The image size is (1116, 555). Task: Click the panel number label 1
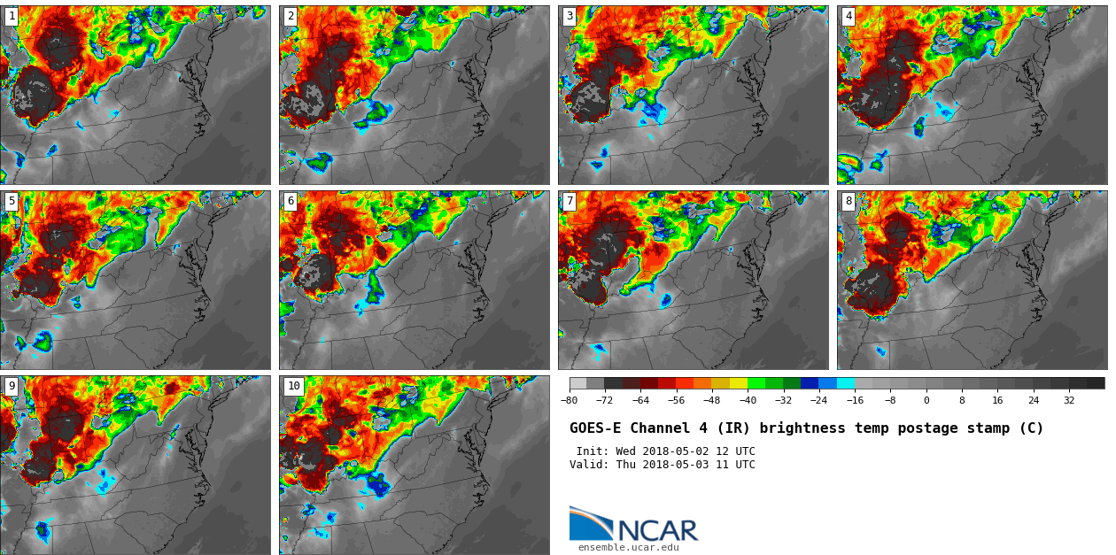pos(12,16)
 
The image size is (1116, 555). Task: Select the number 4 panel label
pos(849,16)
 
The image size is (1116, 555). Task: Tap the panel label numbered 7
pos(570,202)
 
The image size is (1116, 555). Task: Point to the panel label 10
pos(293,386)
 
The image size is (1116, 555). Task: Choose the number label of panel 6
pos(291,202)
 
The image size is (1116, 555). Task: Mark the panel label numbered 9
pos(12,386)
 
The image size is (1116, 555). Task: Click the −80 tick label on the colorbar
pos(569,400)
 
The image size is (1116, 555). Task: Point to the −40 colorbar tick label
pos(748,400)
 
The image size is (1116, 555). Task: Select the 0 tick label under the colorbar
pos(926,400)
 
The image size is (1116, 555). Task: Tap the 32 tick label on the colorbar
pos(1069,400)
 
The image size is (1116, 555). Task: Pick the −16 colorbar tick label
pos(855,400)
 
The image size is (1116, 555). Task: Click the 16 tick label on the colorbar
pos(997,400)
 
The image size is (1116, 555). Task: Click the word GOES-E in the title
pos(595,428)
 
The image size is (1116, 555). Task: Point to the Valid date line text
pos(662,465)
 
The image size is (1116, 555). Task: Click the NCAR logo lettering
pos(657,530)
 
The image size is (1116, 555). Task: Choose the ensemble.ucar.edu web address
pos(628,548)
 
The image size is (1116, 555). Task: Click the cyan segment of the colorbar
pos(846,383)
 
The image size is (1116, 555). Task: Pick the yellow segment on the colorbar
pos(739,383)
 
